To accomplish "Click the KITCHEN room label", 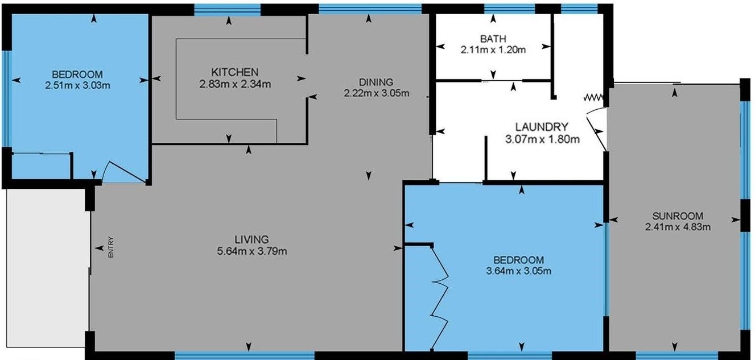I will click(235, 72).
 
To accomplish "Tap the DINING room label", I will click(376, 82).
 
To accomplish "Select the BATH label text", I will click(493, 39).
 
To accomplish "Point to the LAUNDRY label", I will click(541, 126).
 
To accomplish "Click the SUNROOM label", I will click(678, 216).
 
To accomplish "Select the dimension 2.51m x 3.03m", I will click(77, 85).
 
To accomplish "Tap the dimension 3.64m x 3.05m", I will click(519, 271).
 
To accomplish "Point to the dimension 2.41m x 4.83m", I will click(678, 227).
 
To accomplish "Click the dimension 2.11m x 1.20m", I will click(493, 49).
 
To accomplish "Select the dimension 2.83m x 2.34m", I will click(235, 84).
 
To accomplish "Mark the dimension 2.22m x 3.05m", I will click(376, 93).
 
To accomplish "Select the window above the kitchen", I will click(227, 9).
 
